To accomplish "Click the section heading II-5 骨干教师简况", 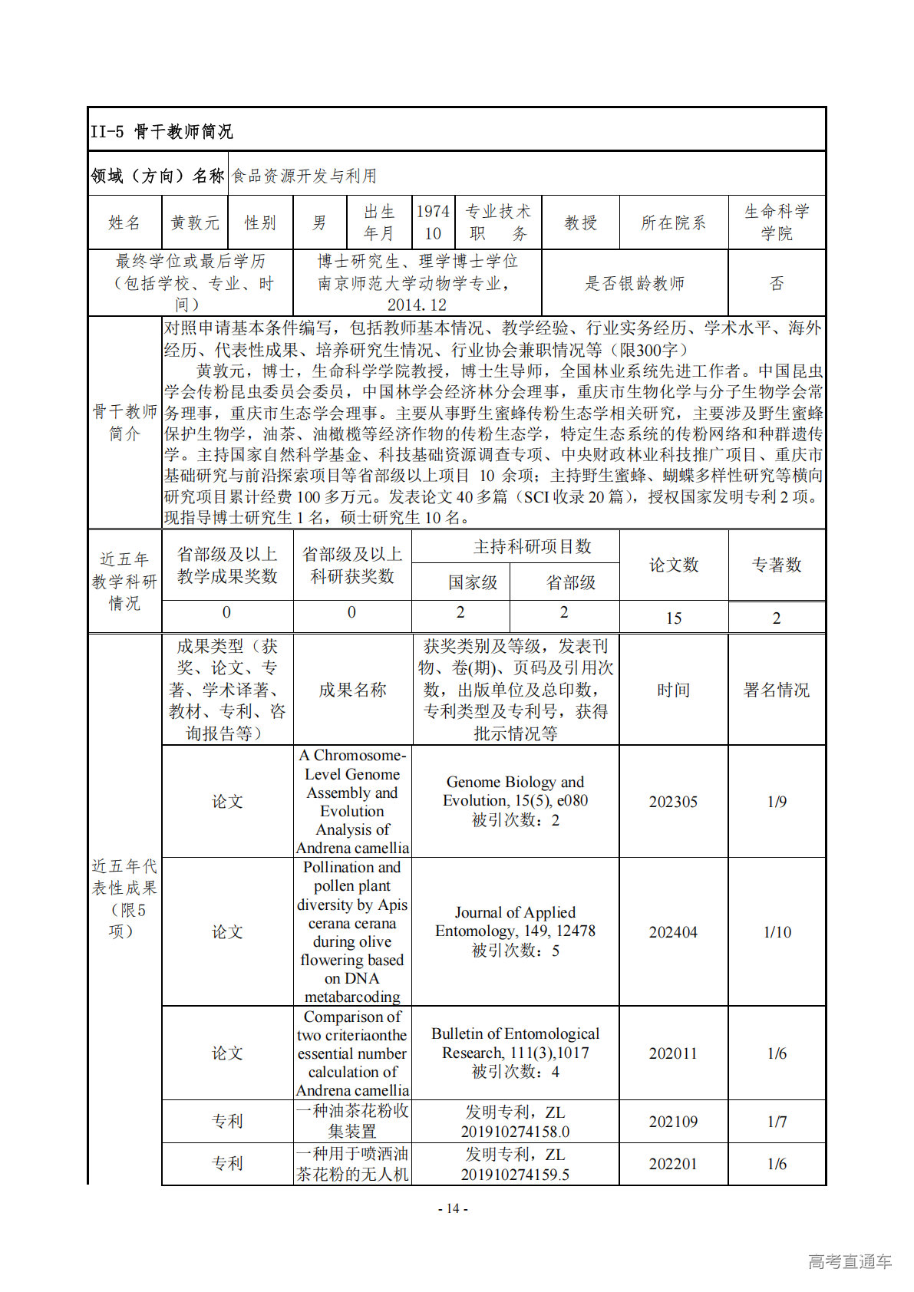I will point(162,131).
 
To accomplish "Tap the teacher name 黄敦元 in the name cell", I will point(195,222).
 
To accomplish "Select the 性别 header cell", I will point(260,222).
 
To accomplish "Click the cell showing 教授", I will point(580,222).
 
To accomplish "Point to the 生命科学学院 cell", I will point(776,222).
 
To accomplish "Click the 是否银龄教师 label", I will point(634,283).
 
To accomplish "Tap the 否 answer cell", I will point(776,283).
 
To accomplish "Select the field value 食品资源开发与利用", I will point(305,176).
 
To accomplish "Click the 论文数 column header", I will point(673,565).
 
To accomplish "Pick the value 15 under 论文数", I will point(673,618).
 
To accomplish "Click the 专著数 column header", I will point(776,565).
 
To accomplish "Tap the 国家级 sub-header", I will point(473,582).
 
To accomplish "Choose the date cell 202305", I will point(673,802).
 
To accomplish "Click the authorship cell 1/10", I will point(777,932).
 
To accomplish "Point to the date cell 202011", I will point(673,1053).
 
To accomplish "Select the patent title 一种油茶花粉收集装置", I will point(352,1121).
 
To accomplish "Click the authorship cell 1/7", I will point(777,1122).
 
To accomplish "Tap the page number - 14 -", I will point(453,1208).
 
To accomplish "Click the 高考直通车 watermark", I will point(850,1261).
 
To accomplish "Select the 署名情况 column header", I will point(776,690).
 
